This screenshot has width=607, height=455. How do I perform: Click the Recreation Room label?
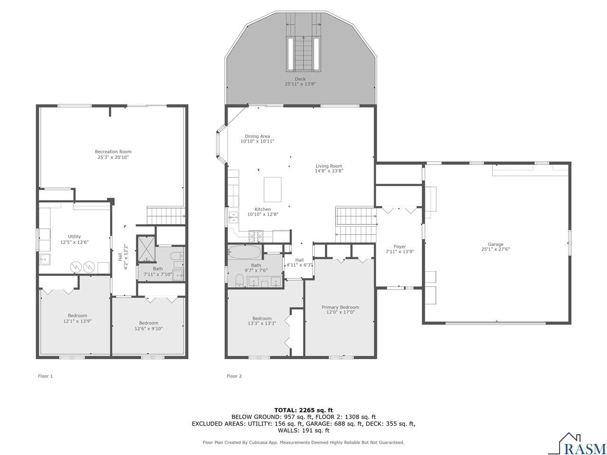click(113, 152)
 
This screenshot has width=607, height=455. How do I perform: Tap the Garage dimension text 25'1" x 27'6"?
click(496, 249)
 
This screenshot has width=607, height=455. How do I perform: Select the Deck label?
click(300, 79)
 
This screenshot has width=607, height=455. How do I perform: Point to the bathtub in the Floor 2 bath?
click(244, 251)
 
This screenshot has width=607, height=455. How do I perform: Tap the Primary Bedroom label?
click(340, 307)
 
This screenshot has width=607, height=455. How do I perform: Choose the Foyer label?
click(400, 246)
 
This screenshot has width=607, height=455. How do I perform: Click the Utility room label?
click(74, 237)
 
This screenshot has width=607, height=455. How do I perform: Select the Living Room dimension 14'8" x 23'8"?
click(329, 171)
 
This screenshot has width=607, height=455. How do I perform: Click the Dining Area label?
click(258, 136)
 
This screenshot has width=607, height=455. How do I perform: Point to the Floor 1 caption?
click(46, 376)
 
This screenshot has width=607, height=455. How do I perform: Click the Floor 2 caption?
click(234, 376)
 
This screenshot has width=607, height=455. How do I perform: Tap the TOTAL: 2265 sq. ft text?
click(303, 410)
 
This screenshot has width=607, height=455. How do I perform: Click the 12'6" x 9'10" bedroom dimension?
click(149, 328)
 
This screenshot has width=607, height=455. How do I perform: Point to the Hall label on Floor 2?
click(299, 260)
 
